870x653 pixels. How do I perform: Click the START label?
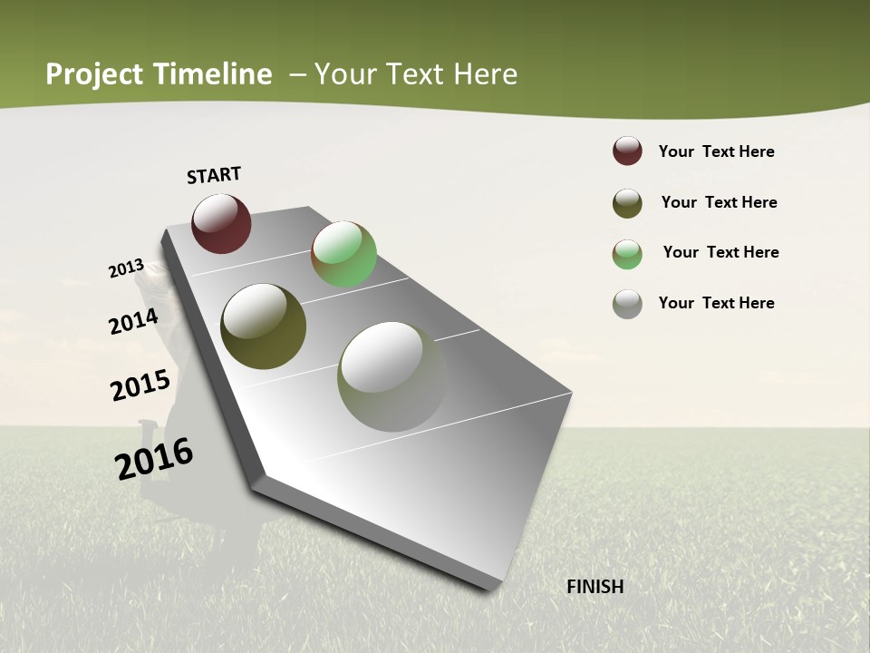(x=214, y=175)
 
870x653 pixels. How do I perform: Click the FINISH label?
(x=595, y=587)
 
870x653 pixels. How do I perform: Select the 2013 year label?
(x=127, y=268)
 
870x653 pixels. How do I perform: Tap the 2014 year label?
(x=134, y=321)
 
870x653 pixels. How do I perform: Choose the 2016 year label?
(x=154, y=459)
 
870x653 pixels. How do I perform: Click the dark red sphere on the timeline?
(x=221, y=223)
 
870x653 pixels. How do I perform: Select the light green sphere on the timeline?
(x=343, y=254)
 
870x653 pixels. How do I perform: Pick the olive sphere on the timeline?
(x=263, y=326)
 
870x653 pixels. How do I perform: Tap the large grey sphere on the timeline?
(x=391, y=376)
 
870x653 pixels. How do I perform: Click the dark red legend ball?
(x=627, y=151)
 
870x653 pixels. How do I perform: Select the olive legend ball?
(x=627, y=203)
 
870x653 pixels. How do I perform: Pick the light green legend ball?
(x=627, y=254)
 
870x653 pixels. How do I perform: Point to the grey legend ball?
(x=627, y=304)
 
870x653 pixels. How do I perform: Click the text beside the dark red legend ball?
(x=716, y=151)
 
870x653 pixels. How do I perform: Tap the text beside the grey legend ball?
(x=716, y=303)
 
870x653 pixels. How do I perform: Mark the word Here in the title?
(x=485, y=74)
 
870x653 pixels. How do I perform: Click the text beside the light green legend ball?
(x=720, y=252)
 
